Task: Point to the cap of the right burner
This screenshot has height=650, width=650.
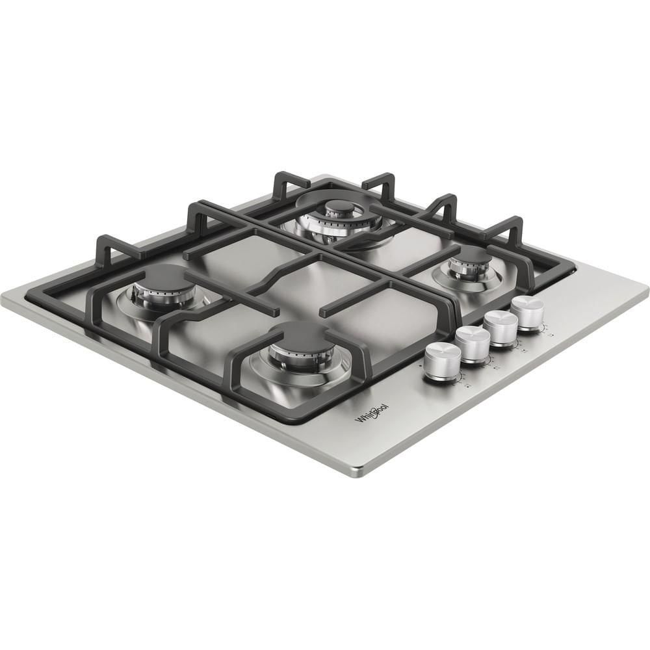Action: [x=470, y=256]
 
